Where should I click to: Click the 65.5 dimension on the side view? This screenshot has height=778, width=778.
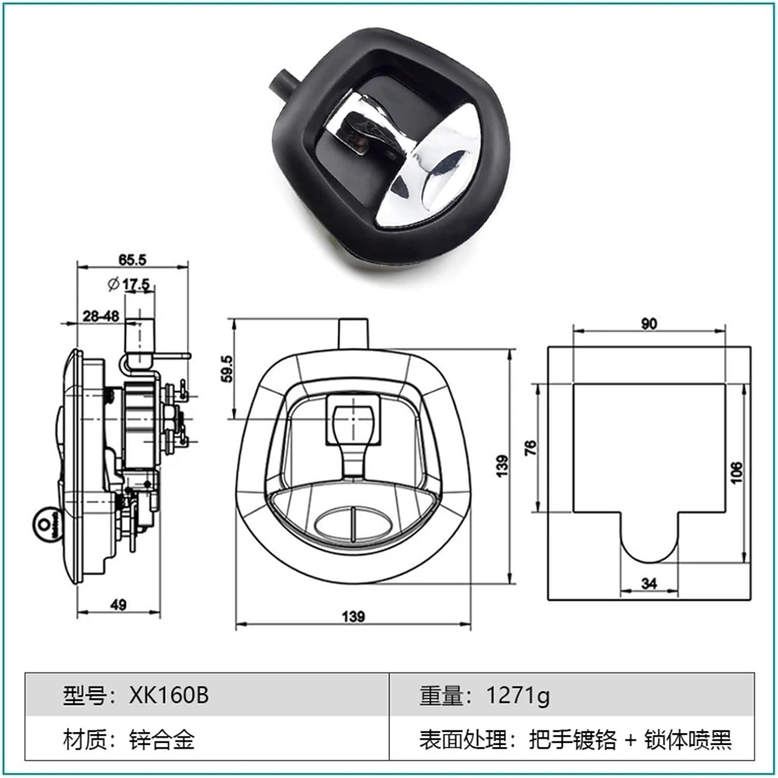132,259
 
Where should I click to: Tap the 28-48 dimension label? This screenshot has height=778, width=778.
101,315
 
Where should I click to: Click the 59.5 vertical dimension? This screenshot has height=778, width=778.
227,369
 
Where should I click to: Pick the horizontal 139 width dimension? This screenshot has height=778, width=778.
353,616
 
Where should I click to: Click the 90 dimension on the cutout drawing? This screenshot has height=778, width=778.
648,324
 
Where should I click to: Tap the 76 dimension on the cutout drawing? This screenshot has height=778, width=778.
531,448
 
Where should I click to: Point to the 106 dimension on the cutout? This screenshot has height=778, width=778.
736,473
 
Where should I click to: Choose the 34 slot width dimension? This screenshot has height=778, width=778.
649,584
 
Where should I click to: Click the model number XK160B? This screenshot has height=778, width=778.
169,695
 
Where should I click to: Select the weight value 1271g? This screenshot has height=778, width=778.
517,695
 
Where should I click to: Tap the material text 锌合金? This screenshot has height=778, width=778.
162,739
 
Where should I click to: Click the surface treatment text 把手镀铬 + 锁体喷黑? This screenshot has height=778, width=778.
630,739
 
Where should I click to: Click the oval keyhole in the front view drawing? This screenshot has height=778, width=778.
353,522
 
